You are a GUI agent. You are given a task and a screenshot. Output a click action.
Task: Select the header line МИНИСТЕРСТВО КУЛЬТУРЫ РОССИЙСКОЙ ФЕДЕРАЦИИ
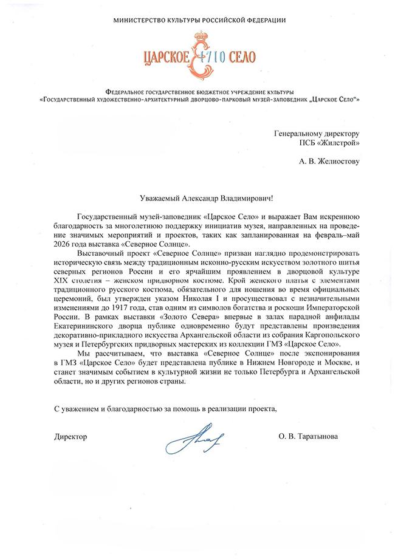pyautogui.click(x=199, y=21)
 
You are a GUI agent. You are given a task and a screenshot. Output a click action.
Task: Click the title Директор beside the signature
pyautogui.click(x=70, y=436)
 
